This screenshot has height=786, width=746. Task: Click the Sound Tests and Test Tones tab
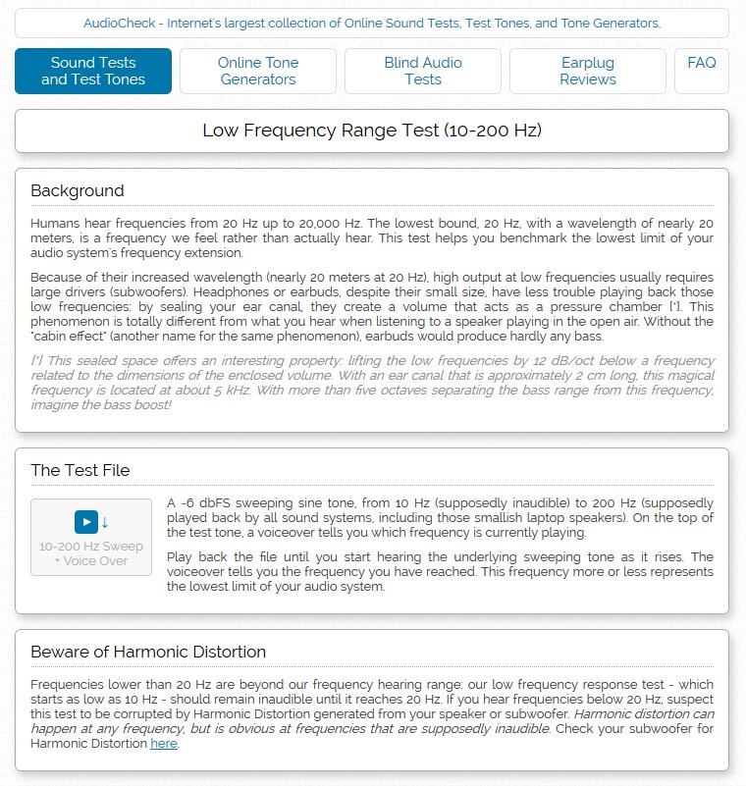93,71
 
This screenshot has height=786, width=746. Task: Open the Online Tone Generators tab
258,71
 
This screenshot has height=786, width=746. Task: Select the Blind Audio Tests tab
423,71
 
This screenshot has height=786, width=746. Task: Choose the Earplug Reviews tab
588,71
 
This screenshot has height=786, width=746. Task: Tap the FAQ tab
702,63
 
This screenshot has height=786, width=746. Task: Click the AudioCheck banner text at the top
372,23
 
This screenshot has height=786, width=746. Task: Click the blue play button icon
86,521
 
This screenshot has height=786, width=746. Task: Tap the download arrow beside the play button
105,521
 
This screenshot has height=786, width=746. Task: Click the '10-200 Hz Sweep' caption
91,547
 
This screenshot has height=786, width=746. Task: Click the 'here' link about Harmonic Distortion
164,744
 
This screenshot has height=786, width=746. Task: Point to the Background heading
78,190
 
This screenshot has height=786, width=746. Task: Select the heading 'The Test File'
80,470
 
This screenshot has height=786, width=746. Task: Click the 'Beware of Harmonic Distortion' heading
148,652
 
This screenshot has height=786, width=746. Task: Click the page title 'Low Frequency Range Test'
372,131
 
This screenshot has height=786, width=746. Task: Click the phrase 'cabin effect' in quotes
66,336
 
